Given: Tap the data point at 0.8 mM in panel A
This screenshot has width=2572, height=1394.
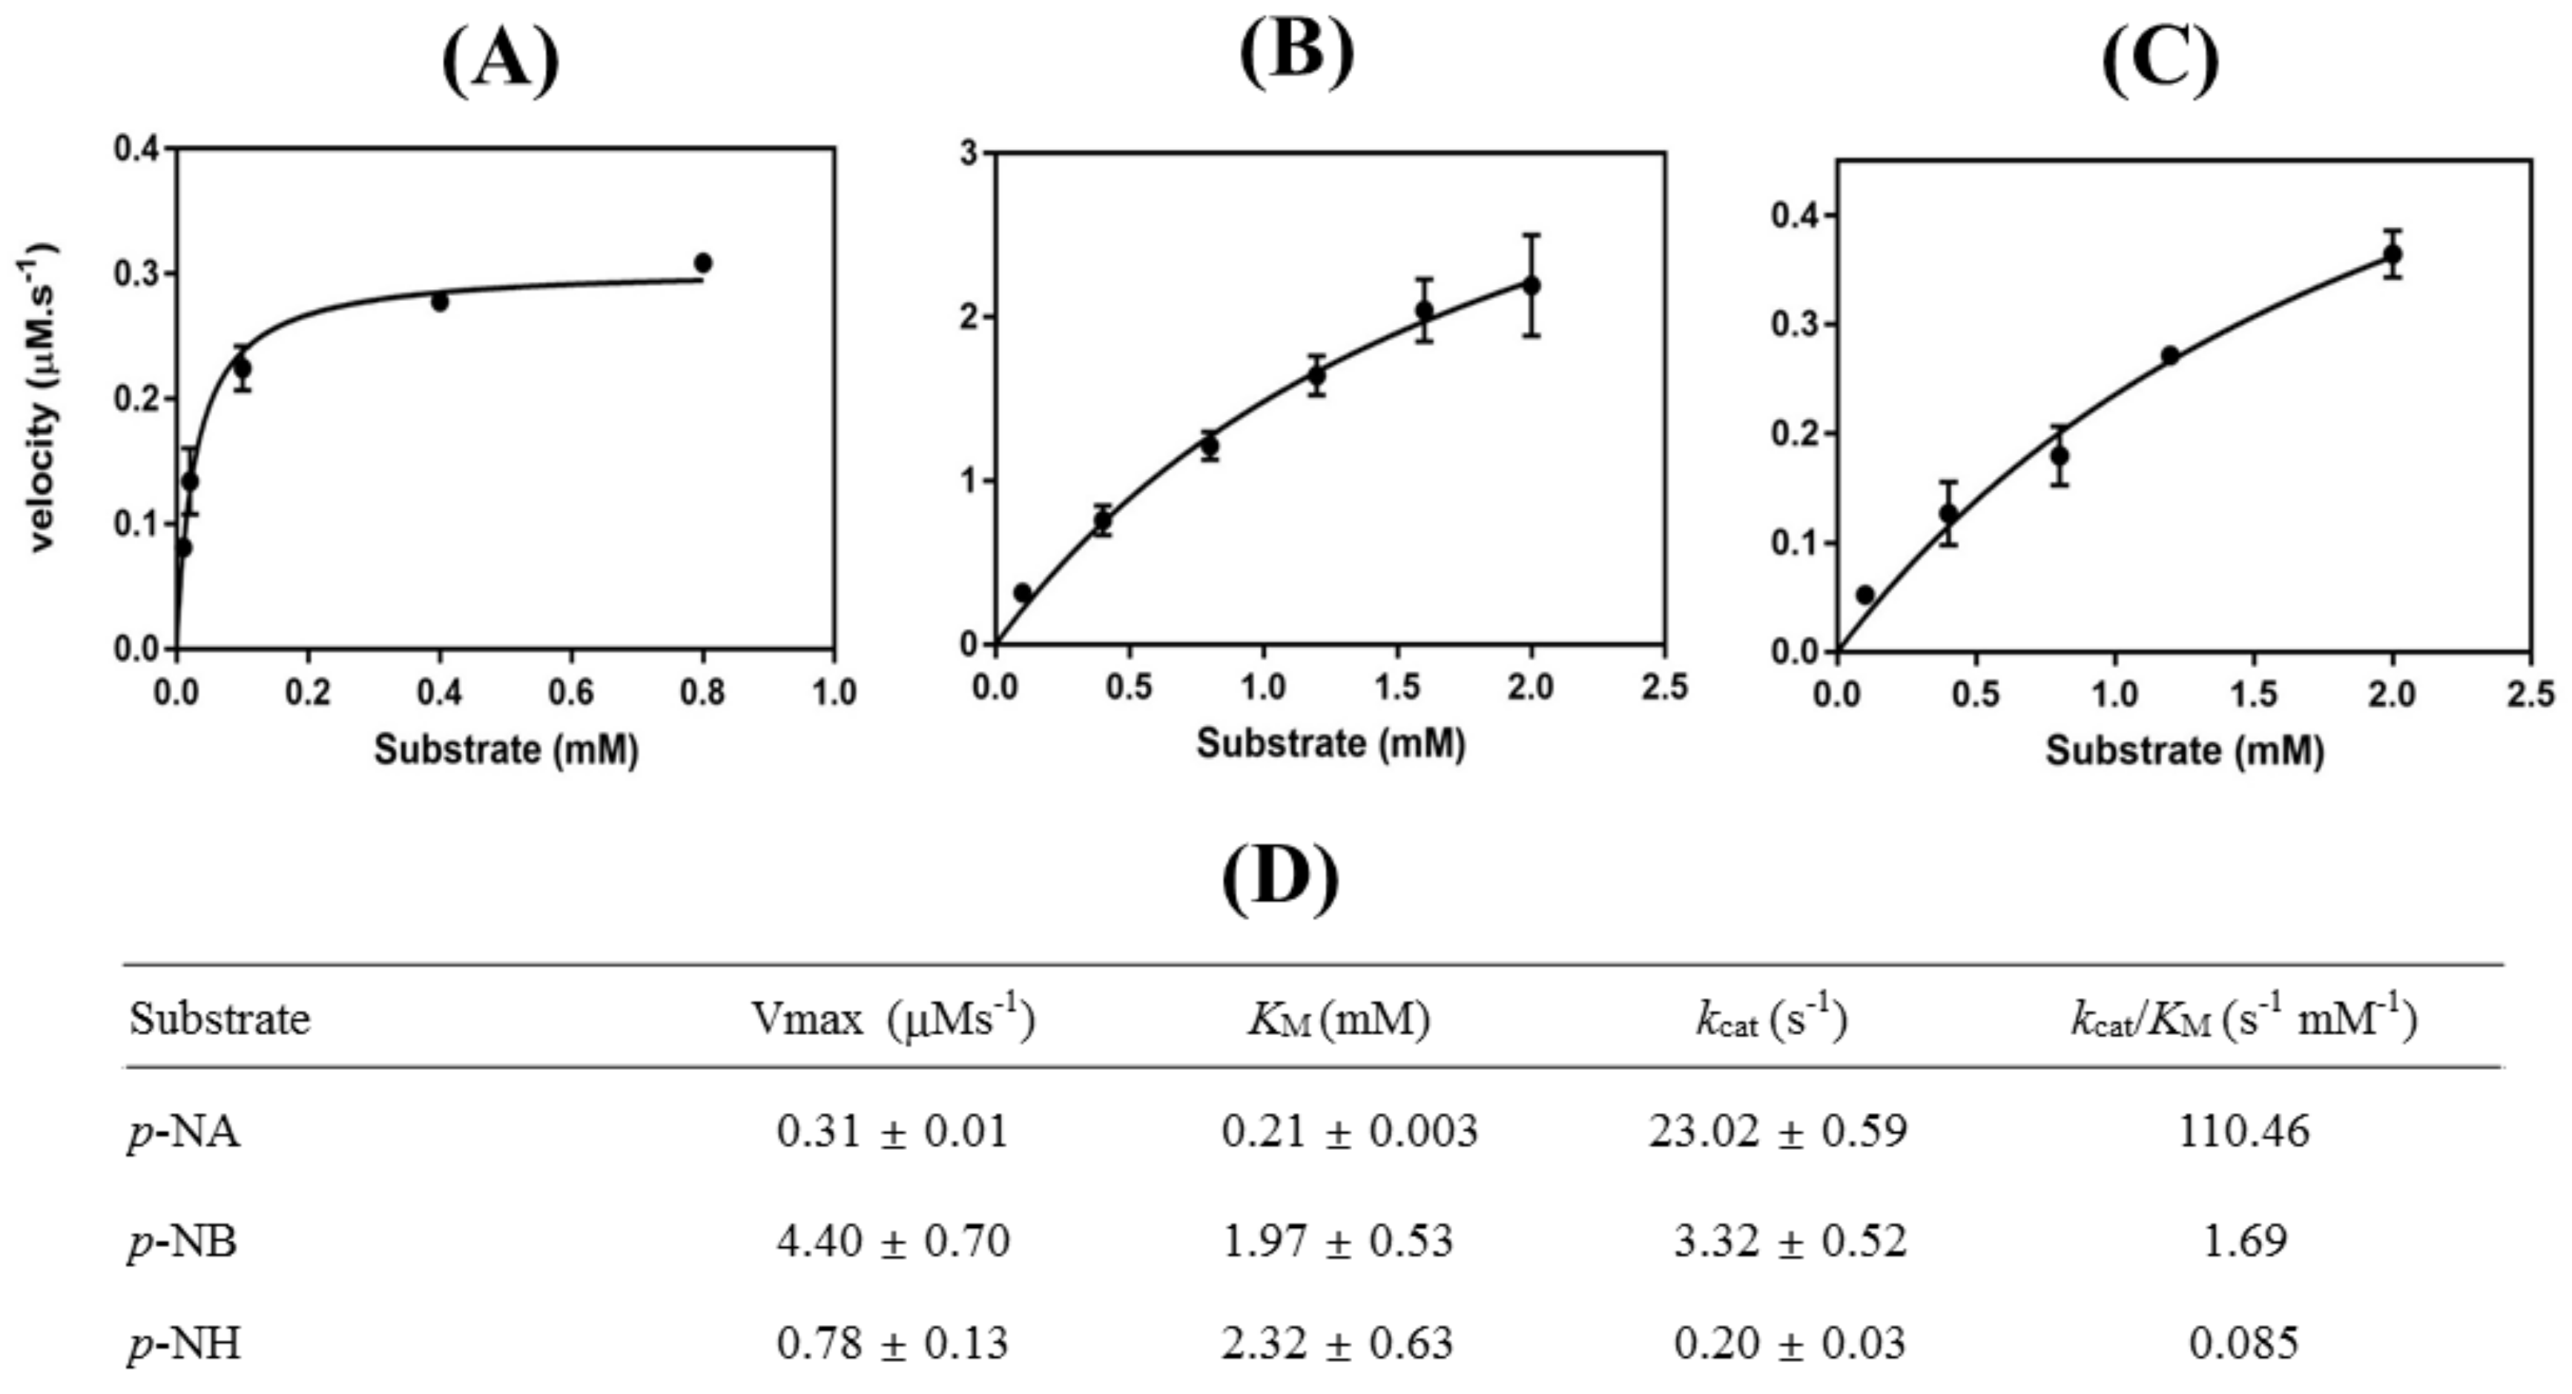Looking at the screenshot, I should pyautogui.click(x=703, y=262).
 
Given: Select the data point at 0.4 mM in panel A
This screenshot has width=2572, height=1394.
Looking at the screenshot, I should pyautogui.click(x=439, y=300).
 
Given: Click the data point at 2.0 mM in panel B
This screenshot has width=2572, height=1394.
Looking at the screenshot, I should pyautogui.click(x=1531, y=285).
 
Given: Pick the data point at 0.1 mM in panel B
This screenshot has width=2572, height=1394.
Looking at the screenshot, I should pyautogui.click(x=1023, y=592).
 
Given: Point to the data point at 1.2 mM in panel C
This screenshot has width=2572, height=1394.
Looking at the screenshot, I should pyautogui.click(x=2169, y=354).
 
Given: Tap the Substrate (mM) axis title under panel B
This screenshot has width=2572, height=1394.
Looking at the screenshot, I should pyautogui.click(x=1331, y=743).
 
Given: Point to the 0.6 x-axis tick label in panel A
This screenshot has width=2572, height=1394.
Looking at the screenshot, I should pyautogui.click(x=571, y=692).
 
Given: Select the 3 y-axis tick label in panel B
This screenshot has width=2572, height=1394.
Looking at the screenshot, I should pyautogui.click(x=969, y=153).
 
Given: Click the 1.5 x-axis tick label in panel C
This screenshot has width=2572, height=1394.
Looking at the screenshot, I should pyautogui.click(x=2254, y=695).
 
